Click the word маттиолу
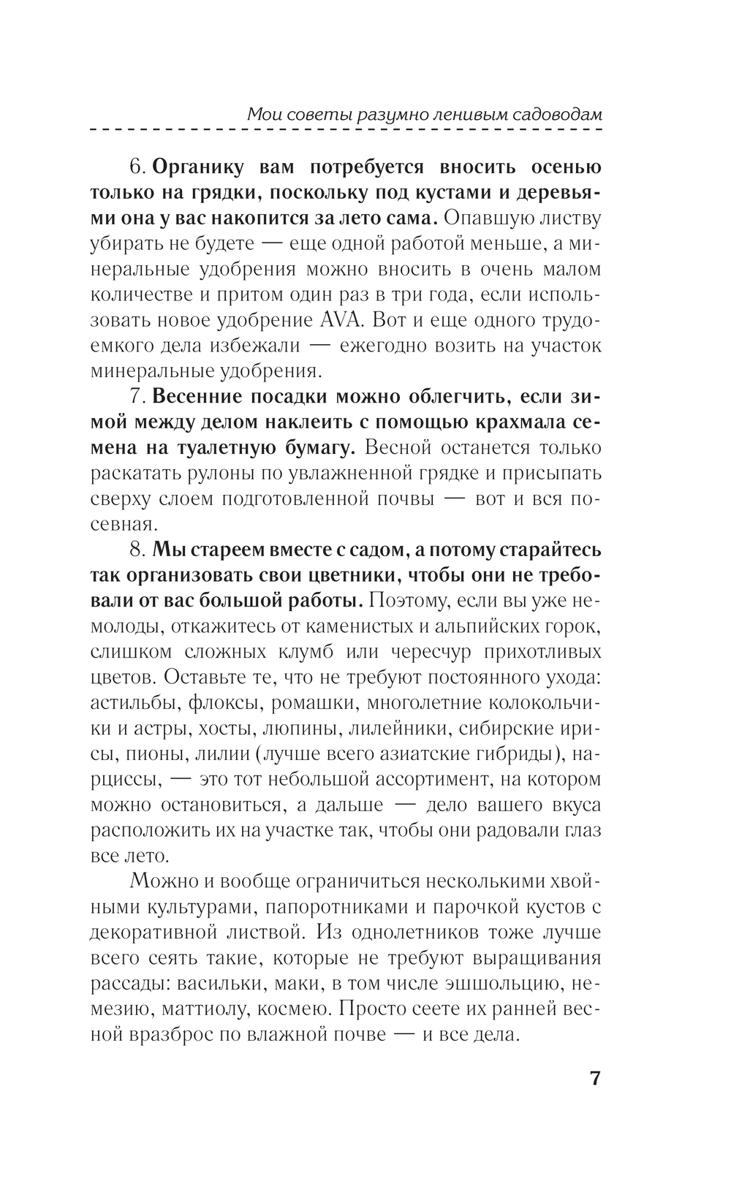pos(179,1009)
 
